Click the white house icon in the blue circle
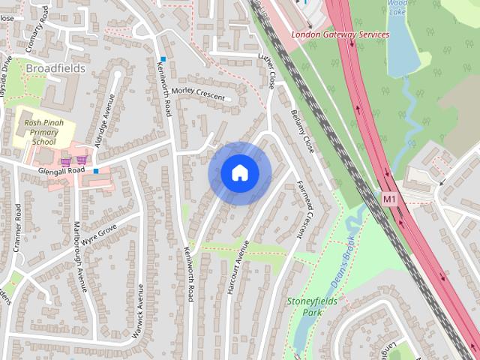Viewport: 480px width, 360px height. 239,173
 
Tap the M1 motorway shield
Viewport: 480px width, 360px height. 388,199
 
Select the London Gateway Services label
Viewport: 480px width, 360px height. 340,34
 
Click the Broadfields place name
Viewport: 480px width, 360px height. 55,68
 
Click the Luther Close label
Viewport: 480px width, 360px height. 267,70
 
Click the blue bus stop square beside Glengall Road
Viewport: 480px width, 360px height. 96,171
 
